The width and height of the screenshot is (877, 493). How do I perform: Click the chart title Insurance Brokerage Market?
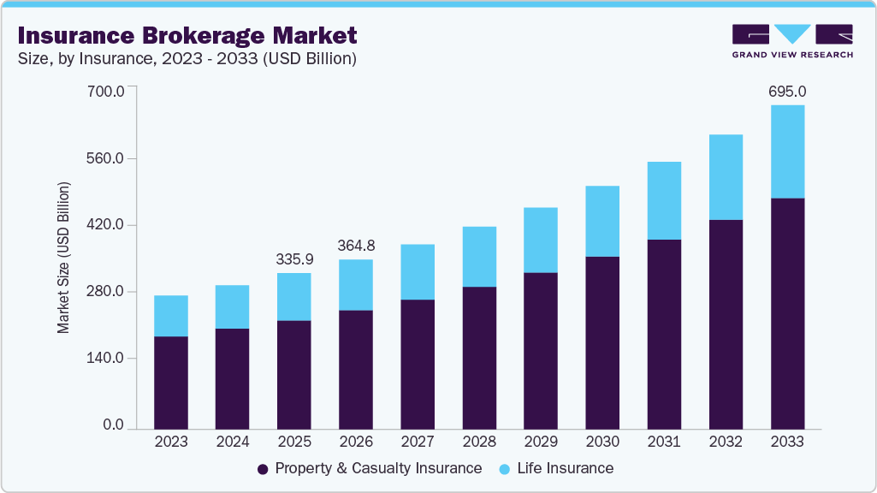pos(187,35)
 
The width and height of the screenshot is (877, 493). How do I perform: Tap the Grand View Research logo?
pos(791,41)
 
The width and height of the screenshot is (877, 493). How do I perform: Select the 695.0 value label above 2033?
pos(787,91)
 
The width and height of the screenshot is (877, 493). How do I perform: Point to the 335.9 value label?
pos(294,258)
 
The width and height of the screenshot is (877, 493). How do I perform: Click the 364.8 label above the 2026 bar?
pos(356,246)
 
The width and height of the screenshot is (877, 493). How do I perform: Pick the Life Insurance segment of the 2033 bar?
pos(787,151)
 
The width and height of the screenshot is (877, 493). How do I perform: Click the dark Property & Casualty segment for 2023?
pos(171,382)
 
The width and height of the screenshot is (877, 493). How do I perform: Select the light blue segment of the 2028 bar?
pos(479,257)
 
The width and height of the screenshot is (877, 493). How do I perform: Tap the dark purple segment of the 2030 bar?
pos(602,342)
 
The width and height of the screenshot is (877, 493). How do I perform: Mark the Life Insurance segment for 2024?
pos(233,306)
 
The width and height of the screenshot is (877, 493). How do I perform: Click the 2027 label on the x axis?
pos(418,442)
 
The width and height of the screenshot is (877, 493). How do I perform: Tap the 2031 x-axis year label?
pos(664,442)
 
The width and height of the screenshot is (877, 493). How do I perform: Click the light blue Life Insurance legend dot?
pos(505,469)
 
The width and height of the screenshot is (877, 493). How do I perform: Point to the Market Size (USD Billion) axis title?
pos(63,258)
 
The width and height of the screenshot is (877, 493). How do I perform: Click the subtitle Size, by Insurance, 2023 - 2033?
pos(187,59)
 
